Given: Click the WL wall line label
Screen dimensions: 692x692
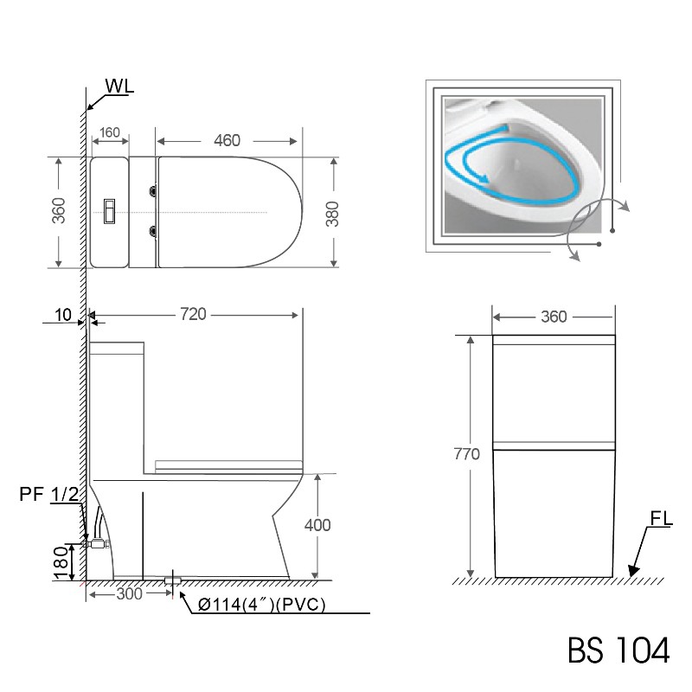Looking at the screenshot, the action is (119, 86).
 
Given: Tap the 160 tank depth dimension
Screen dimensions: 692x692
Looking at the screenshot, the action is (110, 132).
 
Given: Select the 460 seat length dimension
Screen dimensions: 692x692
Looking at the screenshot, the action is (227, 140).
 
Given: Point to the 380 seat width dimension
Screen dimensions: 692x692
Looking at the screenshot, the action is (332, 214).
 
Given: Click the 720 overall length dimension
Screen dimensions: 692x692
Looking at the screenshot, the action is (193, 314).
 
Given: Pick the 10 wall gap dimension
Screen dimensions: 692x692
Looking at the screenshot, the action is (62, 315).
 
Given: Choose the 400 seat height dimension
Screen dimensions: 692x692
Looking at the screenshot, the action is (317, 525).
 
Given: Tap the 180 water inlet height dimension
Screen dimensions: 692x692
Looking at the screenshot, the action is (61, 563).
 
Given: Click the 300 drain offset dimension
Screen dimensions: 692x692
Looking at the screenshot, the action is (129, 594).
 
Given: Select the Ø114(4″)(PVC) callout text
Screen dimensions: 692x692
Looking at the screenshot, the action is (262, 604).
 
